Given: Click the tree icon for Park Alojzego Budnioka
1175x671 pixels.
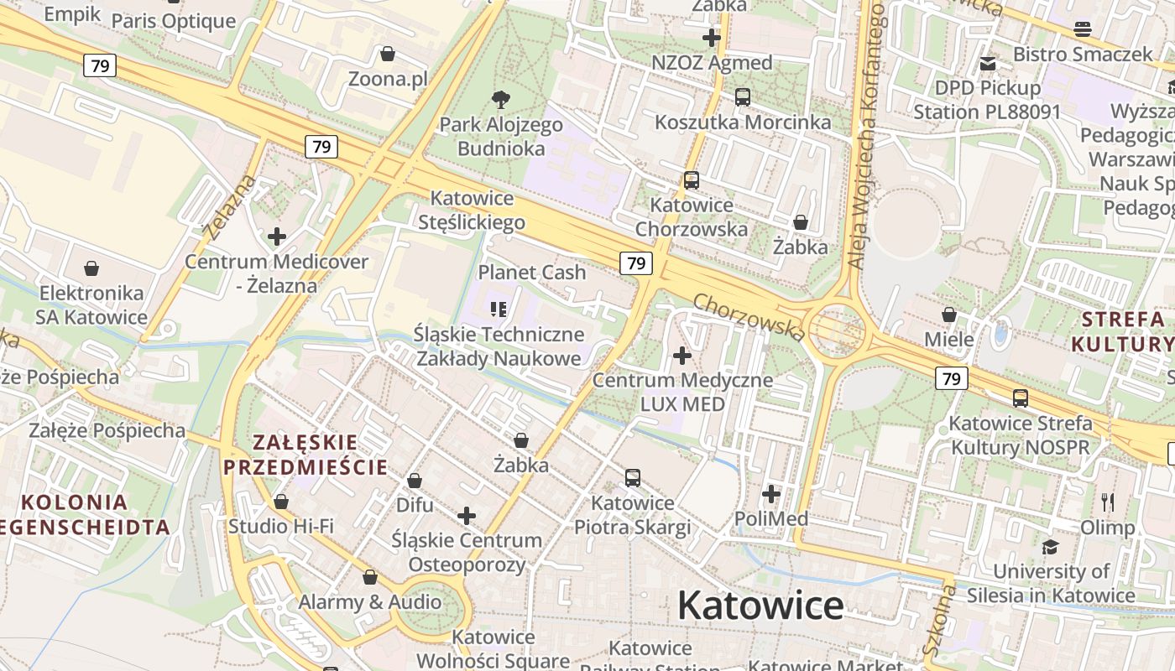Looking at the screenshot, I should coord(501,100).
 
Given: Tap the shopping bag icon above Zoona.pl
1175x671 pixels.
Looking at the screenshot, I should coord(388,55).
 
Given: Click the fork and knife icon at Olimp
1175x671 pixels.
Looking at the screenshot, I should coord(1108,502).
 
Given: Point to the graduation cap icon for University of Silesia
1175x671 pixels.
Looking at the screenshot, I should coord(1050,548).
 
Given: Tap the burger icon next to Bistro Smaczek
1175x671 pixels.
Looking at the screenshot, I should coord(1083,29).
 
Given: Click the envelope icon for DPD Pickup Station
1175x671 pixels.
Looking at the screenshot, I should coord(988,63).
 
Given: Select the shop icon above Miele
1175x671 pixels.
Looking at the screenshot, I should coord(949,315).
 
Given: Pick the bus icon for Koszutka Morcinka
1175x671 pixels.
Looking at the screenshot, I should coord(743,97).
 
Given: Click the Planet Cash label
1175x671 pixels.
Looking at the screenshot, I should coord(532,273).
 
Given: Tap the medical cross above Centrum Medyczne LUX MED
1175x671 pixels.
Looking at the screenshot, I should coord(682,356).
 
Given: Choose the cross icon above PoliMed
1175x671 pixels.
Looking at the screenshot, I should coord(771,494).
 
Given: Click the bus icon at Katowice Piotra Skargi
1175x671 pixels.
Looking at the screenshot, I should coord(633,478).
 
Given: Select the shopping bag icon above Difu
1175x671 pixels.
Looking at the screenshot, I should coord(415,481).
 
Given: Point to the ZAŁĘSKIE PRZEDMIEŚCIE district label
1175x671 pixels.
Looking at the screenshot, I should coord(305,455).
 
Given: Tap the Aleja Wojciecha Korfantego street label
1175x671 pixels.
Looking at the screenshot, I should coord(866,134).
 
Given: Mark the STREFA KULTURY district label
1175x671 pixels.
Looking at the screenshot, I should coord(1123,331).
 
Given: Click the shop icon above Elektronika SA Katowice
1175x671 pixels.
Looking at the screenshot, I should coord(91,268).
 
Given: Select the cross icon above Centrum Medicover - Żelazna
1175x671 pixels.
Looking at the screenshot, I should coord(277,237).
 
